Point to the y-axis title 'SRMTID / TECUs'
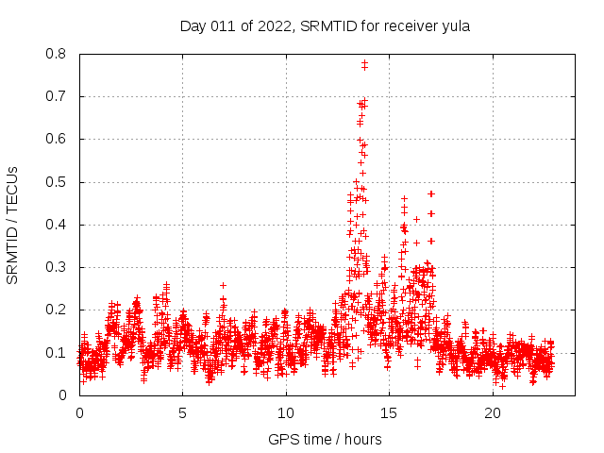13,225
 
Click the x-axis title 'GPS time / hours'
326,439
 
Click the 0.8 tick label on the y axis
59,54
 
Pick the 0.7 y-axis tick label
59,96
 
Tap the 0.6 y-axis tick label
59,139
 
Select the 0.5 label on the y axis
59,181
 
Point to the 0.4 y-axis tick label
59,225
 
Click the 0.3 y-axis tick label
59,267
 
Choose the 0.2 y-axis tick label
59,310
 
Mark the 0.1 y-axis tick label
59,352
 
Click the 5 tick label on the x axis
182,413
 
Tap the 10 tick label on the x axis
286,413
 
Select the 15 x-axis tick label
389,413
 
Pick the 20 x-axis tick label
493,413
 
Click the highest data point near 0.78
364,63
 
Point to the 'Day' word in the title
193,26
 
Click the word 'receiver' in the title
408,26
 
